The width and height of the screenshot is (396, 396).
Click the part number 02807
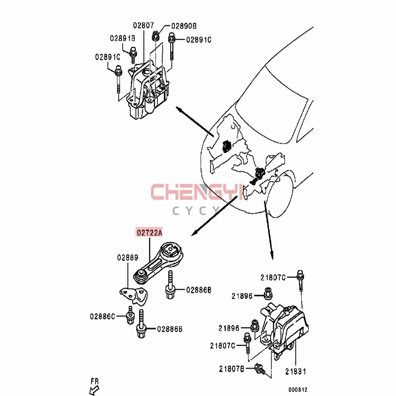point(143,25)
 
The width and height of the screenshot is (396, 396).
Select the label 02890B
point(184,26)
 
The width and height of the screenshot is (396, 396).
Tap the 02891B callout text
point(122,38)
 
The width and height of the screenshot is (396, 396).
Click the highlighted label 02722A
point(149,232)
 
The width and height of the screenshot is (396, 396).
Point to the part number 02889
point(128,258)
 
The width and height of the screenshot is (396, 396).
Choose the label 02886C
point(103,316)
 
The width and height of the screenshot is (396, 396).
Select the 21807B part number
point(232,369)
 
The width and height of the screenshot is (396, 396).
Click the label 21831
point(296,371)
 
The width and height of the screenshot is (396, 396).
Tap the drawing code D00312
point(298,390)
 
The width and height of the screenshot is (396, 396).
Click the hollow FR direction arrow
point(94,390)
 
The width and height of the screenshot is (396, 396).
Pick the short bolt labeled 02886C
point(130,315)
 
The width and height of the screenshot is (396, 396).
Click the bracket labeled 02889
point(134,296)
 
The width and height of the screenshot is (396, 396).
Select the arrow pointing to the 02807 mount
point(195,122)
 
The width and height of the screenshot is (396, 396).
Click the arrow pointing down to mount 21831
point(268,230)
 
